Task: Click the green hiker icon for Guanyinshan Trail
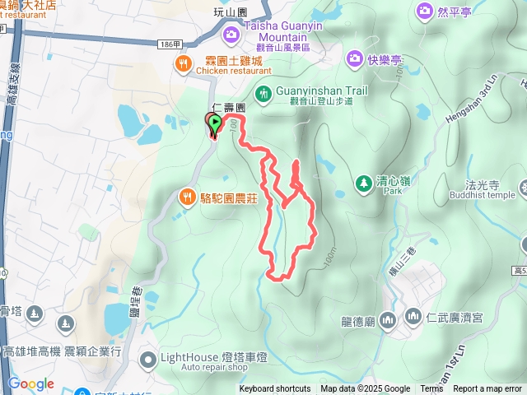click(x=263, y=92)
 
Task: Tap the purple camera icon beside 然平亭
click(x=425, y=11)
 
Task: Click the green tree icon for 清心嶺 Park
click(x=362, y=182)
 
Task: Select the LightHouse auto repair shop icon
click(x=147, y=359)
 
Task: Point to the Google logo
click(x=31, y=384)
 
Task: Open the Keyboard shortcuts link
click(x=275, y=389)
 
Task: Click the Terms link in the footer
click(x=431, y=389)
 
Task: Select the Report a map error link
click(x=487, y=389)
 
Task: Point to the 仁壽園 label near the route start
click(x=230, y=108)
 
